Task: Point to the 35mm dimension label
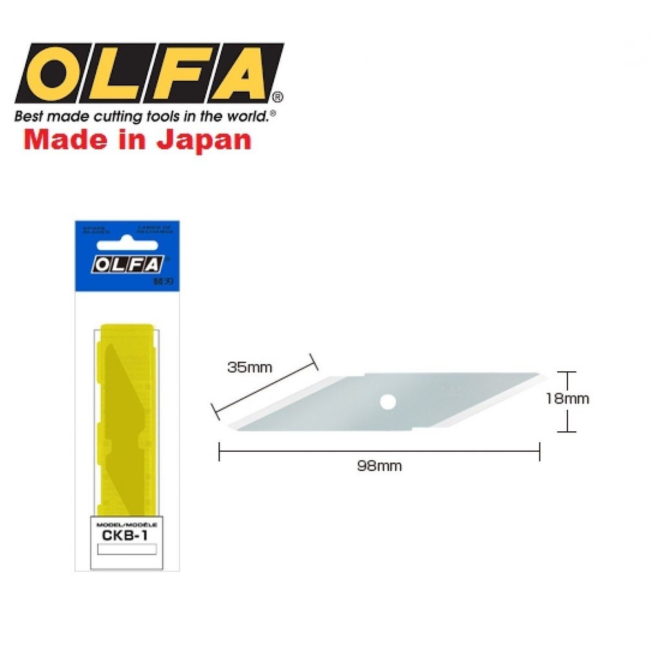tap(250, 368)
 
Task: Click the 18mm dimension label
tap(567, 399)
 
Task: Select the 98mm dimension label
tap(379, 466)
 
